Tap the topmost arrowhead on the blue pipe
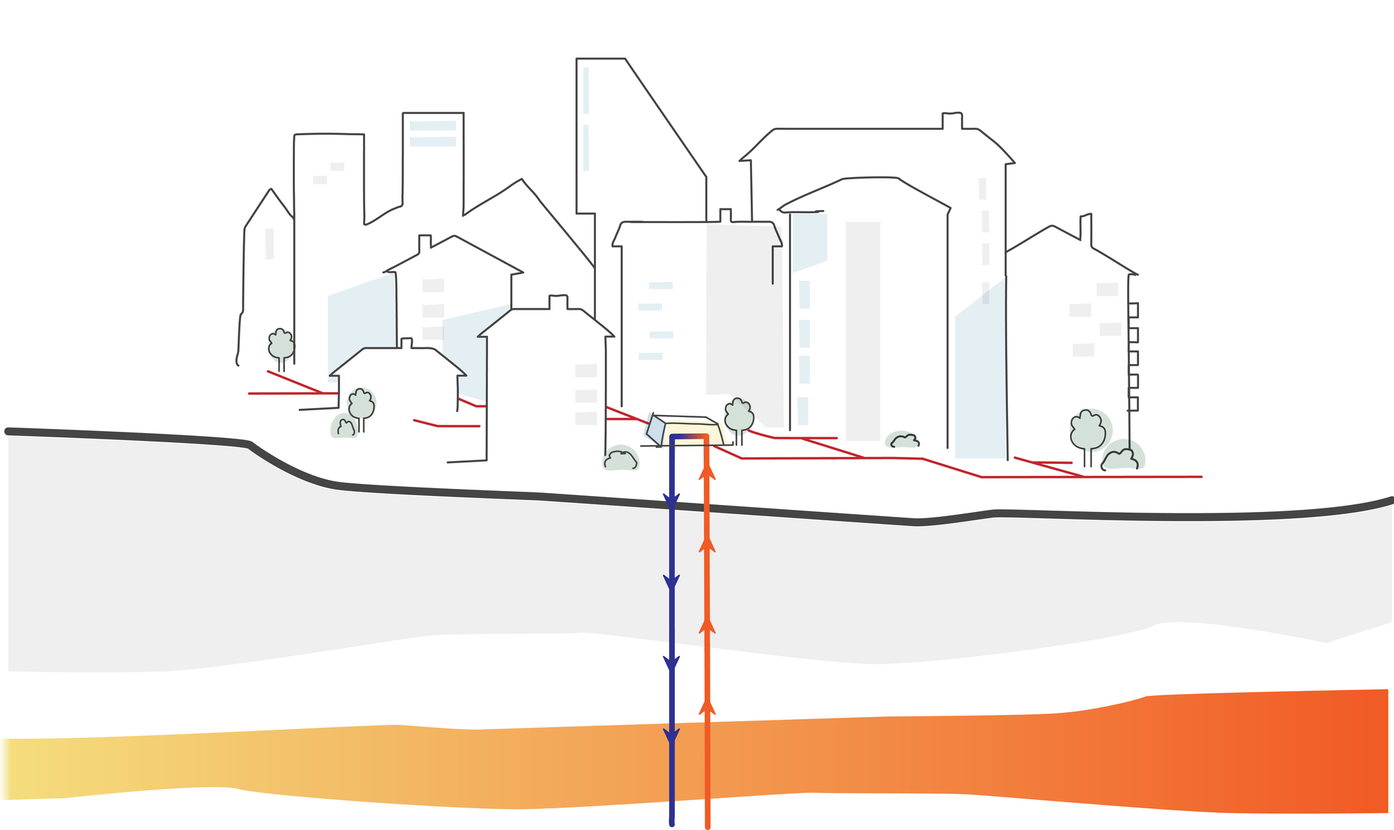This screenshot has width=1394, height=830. [x=671, y=501]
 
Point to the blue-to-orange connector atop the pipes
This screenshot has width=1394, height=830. [x=689, y=437]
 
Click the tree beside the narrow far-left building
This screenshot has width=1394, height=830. [x=281, y=345]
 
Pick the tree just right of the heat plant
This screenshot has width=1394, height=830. [x=739, y=416]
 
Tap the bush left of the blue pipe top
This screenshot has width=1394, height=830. [x=620, y=460]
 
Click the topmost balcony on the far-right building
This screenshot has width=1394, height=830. [x=1133, y=310]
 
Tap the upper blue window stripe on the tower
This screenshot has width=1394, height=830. [x=433, y=126]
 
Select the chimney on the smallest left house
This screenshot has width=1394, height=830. [x=406, y=342]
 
